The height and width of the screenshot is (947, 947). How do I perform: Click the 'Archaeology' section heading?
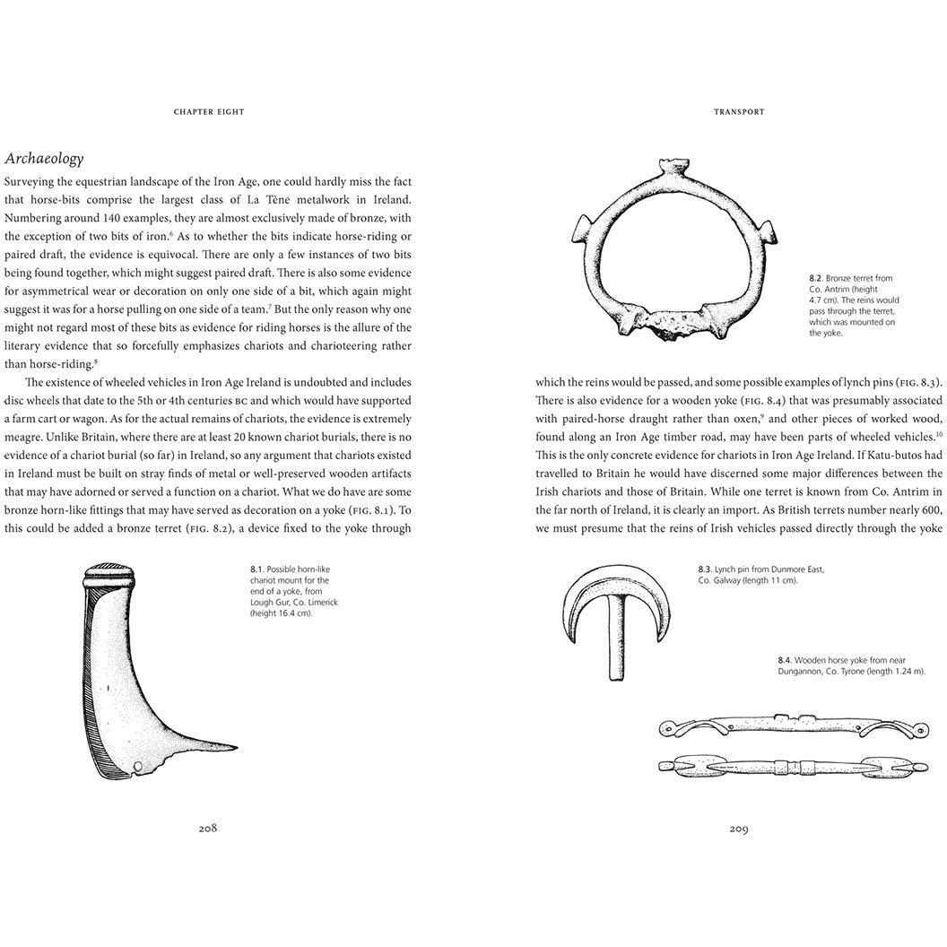click(x=44, y=159)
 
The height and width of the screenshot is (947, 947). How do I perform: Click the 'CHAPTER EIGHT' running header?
click(x=208, y=112)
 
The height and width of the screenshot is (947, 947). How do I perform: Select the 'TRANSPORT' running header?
click(x=738, y=112)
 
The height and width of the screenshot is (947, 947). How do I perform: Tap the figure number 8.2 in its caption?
click(x=816, y=279)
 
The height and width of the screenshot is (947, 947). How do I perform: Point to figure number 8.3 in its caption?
click(x=704, y=569)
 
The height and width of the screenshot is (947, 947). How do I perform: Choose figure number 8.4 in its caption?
click(x=786, y=660)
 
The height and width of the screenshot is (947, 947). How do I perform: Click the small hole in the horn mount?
click(x=137, y=766)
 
